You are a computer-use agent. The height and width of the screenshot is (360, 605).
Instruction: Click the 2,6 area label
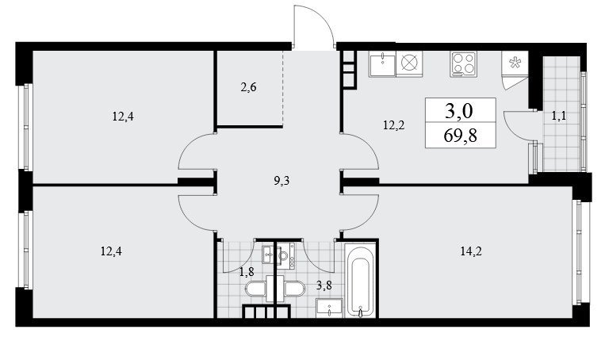248,87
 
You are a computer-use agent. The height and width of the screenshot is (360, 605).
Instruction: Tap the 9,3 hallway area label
281,181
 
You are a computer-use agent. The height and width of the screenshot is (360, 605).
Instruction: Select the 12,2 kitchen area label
394,125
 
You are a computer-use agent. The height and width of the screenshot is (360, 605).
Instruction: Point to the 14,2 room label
471,251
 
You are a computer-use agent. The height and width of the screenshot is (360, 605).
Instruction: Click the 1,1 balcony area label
559,116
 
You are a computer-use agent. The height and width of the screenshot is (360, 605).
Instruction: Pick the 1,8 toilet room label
247,273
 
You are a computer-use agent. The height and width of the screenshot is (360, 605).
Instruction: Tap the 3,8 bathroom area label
324,286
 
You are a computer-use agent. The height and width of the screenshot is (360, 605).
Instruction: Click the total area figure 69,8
461,136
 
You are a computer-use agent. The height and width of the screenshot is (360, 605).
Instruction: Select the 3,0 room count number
459,112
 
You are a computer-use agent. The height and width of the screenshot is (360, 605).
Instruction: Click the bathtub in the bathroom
361,281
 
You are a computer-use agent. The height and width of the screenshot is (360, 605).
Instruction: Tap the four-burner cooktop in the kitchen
463,63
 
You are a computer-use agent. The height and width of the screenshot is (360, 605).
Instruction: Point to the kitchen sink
382,63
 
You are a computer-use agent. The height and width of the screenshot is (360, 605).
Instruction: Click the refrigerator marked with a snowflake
515,63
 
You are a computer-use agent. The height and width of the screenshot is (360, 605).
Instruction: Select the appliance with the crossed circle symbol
409,63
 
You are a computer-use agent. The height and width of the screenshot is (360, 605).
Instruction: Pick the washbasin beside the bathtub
329,308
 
